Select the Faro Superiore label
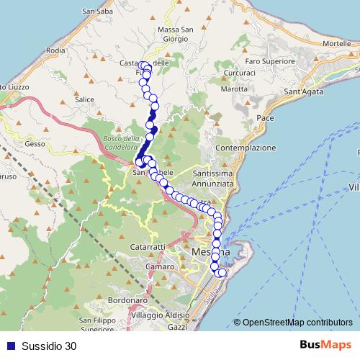click(261, 61)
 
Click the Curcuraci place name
click(239, 74)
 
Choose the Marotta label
click(235, 89)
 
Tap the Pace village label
click(265, 117)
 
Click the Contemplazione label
click(246, 148)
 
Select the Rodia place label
click(55, 50)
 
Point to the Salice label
click(84, 99)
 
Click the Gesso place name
click(35, 143)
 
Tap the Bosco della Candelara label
click(120, 143)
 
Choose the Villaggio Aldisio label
click(158, 316)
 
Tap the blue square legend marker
click(9, 346)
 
